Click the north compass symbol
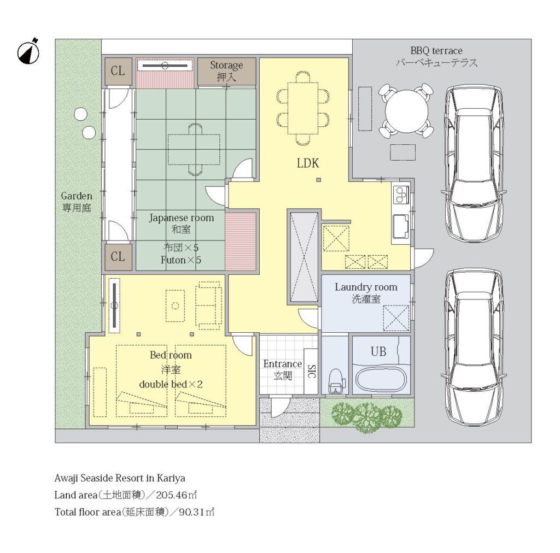click(x=28, y=52)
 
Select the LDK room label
click(x=308, y=163)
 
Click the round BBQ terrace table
click(x=406, y=110)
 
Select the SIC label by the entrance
click(x=311, y=371)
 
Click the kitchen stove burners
click(x=401, y=195)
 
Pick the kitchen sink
click(x=401, y=226)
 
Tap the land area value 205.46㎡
click(x=177, y=495)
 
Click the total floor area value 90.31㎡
click(x=196, y=512)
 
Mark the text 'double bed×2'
click(x=171, y=384)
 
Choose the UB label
click(x=378, y=352)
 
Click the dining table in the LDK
click(x=303, y=108)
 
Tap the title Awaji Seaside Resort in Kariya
click(x=120, y=478)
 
